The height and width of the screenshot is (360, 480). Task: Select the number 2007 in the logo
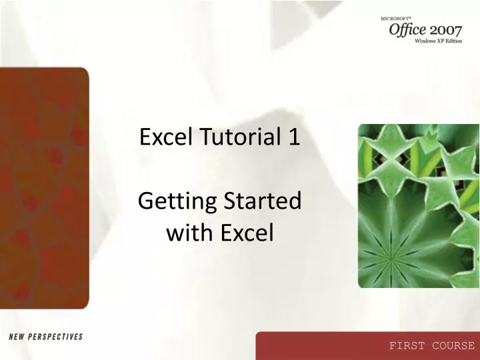point(451,31)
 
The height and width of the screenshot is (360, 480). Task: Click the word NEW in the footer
point(13,337)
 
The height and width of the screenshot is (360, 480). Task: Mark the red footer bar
point(367,346)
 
